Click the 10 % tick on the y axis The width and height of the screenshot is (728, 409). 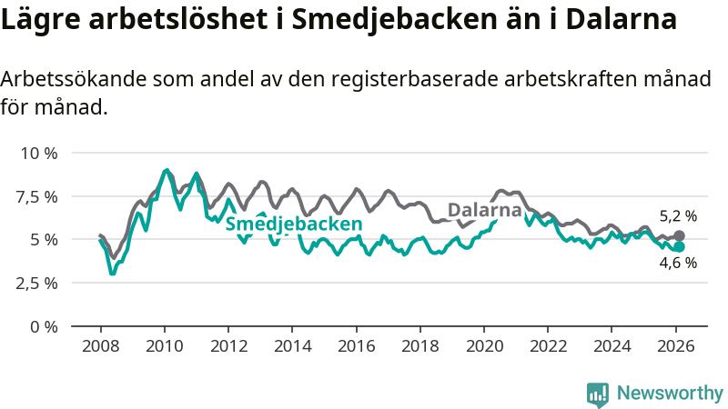39,153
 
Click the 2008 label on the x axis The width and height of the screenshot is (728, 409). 100,346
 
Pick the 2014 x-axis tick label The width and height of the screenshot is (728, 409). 292,346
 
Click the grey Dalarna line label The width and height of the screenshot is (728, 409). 485,210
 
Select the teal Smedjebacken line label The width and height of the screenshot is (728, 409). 294,224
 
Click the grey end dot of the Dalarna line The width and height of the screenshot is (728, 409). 680,235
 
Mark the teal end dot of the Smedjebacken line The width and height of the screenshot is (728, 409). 680,246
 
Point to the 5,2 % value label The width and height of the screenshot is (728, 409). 678,216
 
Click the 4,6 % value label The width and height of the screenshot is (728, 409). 678,264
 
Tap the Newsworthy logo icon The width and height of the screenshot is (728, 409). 598,394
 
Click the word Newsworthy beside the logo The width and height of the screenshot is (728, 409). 670,394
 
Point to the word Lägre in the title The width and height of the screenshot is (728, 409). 37,20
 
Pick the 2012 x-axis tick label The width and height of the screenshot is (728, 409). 228,346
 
